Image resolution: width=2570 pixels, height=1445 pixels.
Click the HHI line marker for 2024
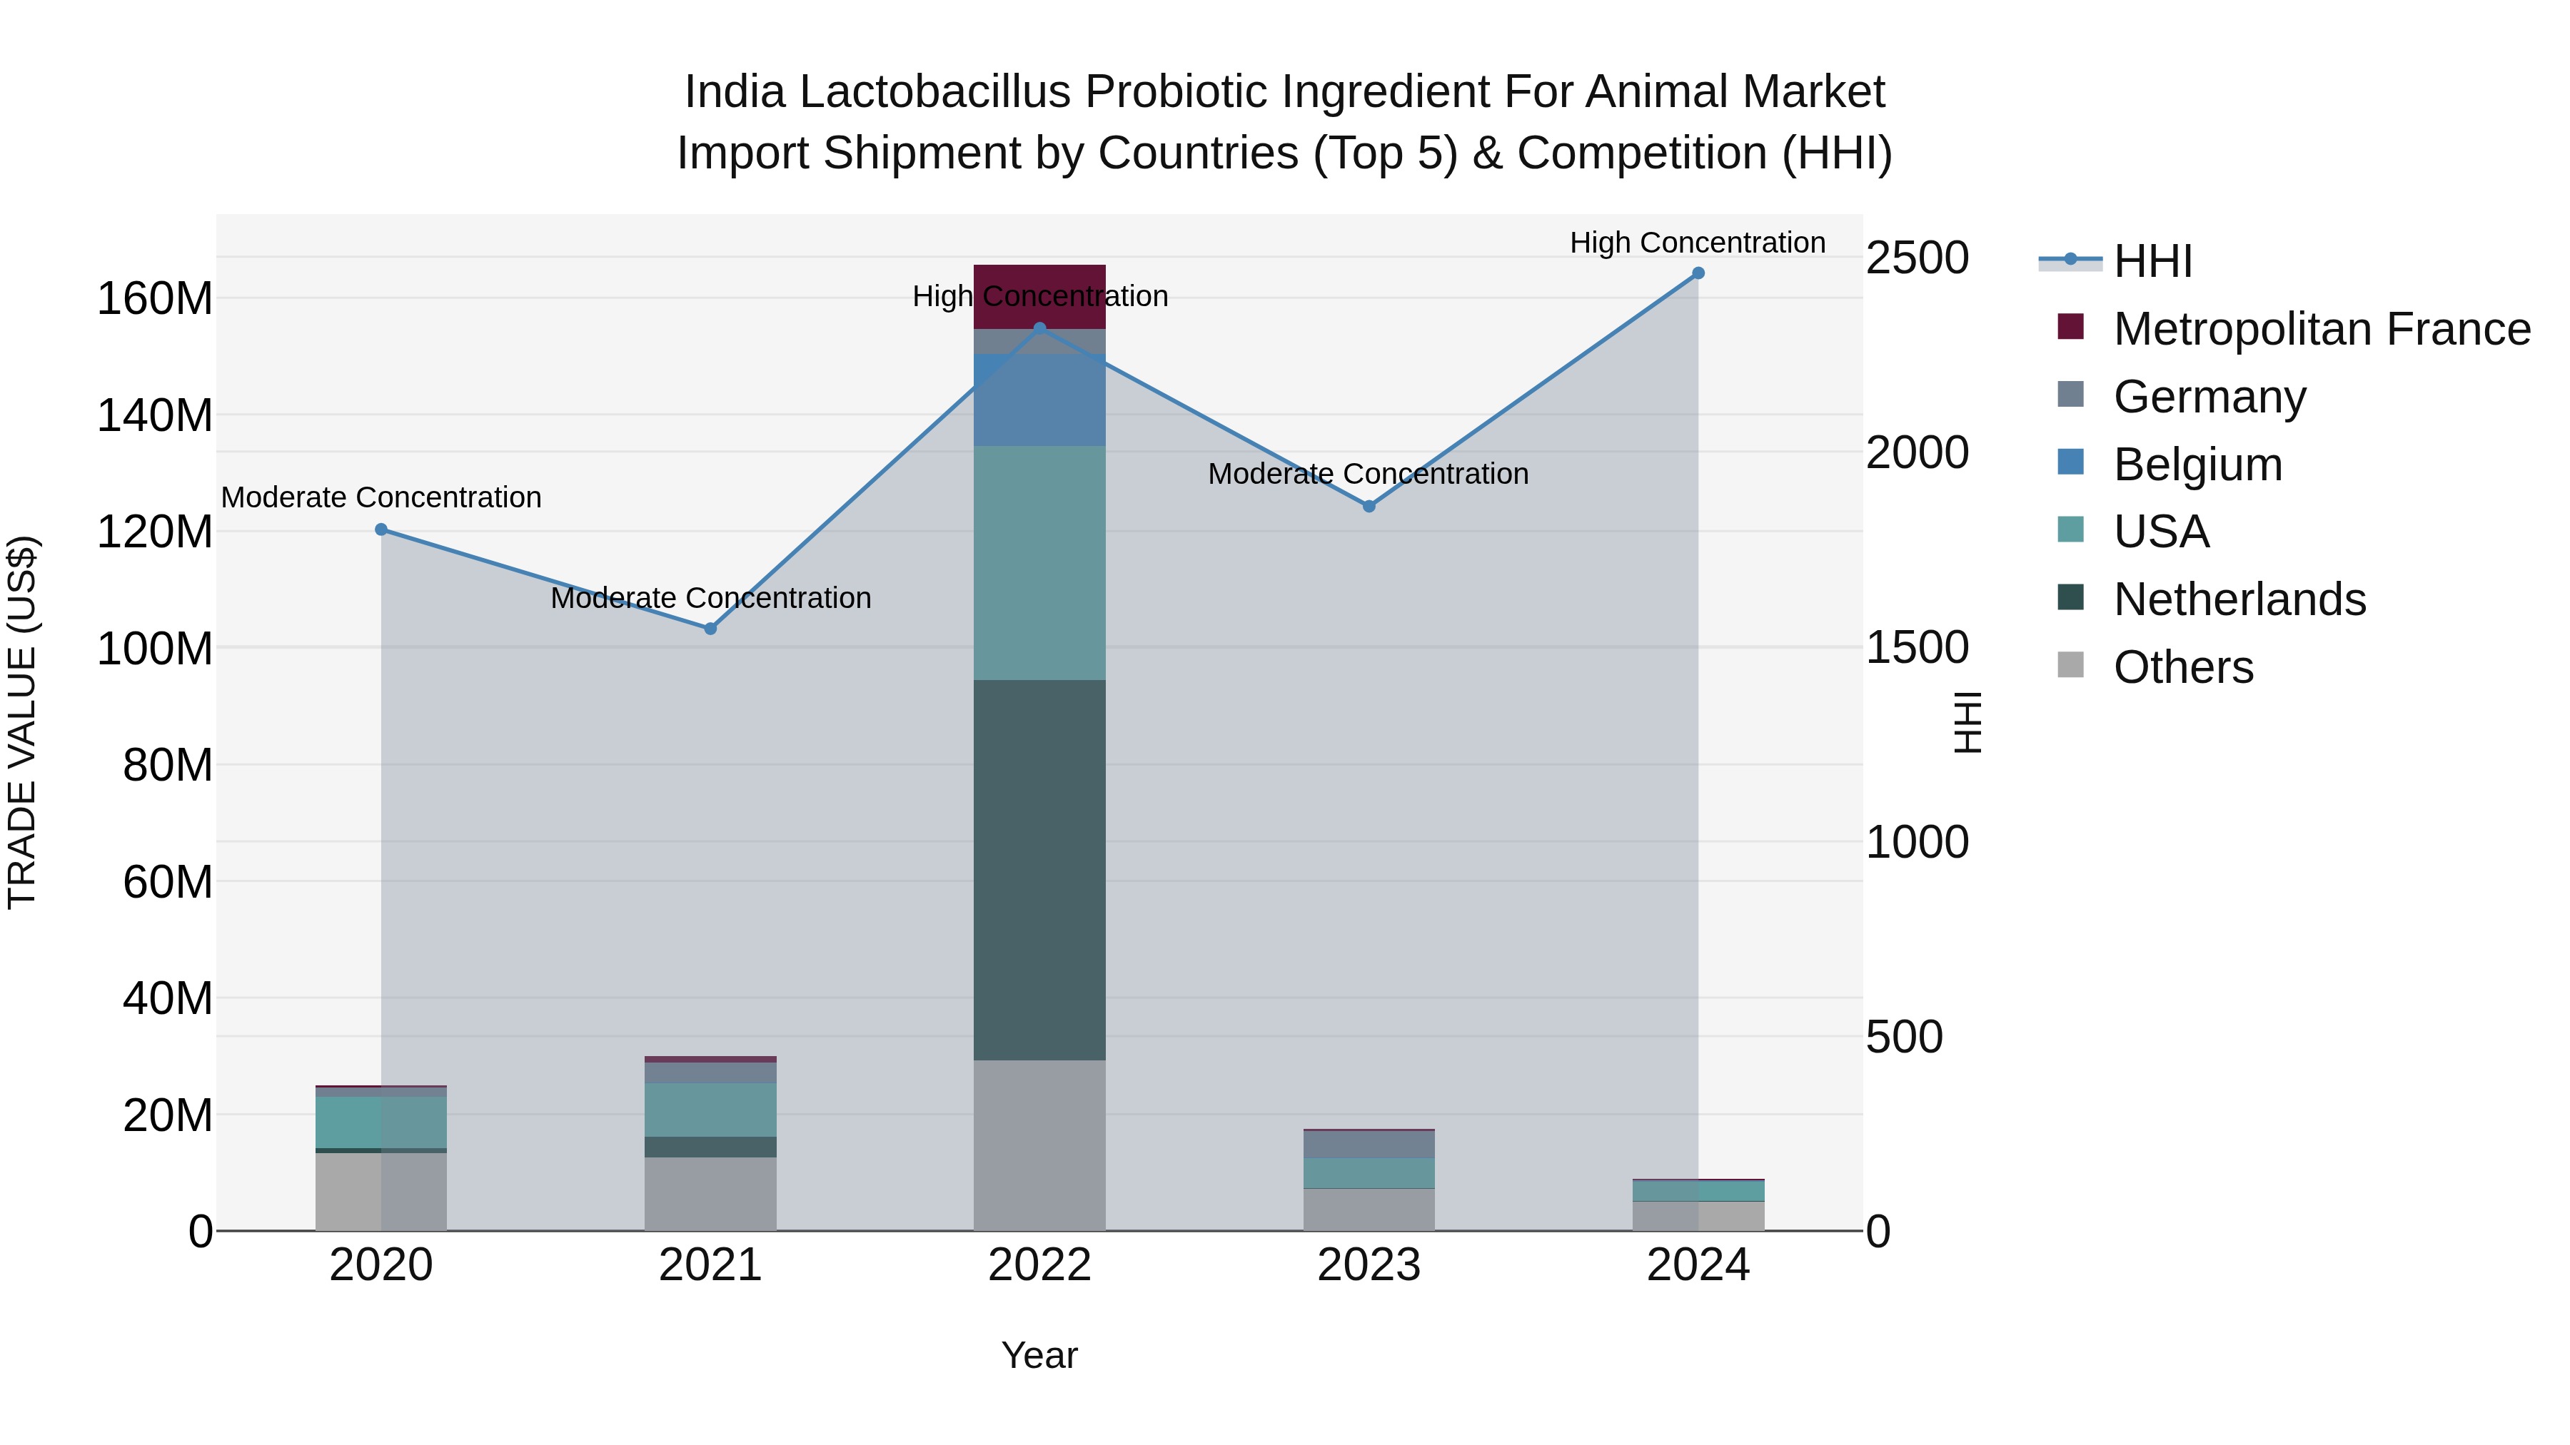pos(1698,273)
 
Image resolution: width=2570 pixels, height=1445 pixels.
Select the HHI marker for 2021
pos(710,628)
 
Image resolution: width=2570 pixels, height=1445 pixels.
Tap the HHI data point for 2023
pos(1369,507)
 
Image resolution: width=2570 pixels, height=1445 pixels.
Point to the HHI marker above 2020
pos(381,529)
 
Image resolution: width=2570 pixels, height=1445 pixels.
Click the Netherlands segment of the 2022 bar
pos(1039,870)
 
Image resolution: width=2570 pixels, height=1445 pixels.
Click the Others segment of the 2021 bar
pos(710,1194)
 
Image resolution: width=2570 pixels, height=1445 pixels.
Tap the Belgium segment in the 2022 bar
pos(1039,399)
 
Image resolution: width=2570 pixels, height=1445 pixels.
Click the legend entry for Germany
pos(2209,397)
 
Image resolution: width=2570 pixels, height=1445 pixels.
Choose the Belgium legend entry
pos(2198,465)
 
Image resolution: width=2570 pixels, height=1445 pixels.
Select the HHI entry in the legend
pos(2153,261)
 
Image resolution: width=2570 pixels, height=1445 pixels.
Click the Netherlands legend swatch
pos(2070,599)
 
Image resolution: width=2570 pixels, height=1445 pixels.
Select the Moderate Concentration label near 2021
pos(710,599)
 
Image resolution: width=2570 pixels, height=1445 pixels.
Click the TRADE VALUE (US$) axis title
pos(22,722)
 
